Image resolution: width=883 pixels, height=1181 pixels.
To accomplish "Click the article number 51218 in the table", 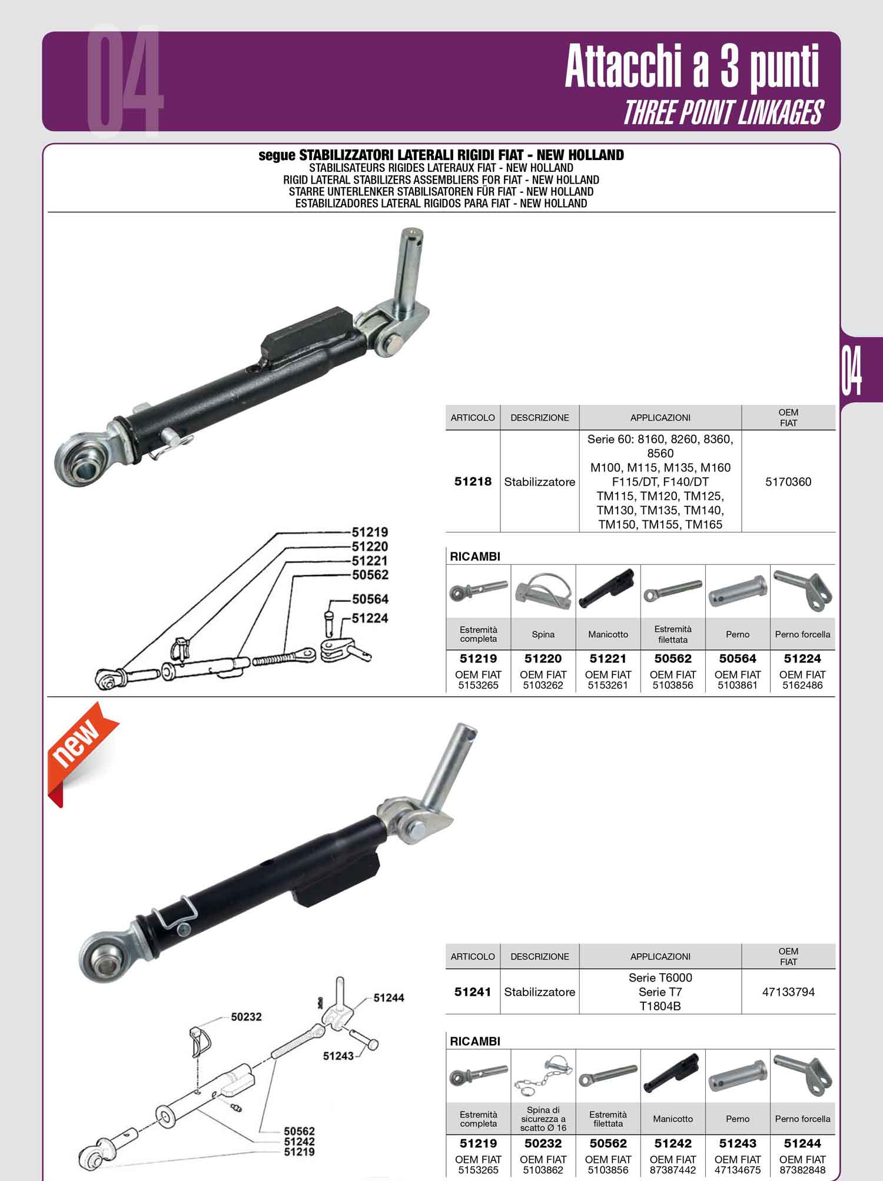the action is (x=473, y=481).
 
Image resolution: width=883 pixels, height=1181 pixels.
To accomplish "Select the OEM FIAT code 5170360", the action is (x=788, y=482).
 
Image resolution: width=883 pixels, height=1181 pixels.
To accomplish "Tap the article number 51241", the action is (x=473, y=992).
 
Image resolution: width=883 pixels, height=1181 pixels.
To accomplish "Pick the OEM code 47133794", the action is (x=788, y=992).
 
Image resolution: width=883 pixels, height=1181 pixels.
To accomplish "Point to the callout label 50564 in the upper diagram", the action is (x=370, y=599).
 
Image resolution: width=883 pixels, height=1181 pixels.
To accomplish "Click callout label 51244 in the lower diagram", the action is (x=389, y=998).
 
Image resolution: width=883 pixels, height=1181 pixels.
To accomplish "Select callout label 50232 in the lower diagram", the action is (x=246, y=1017).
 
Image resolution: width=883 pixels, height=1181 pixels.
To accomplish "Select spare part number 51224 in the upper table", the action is (x=802, y=658).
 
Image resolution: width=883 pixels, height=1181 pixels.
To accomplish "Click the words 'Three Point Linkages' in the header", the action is (x=723, y=113).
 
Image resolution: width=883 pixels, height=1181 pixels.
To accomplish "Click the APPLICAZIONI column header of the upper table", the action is (x=660, y=418).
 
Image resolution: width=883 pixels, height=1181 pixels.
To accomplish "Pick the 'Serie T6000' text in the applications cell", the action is (x=660, y=977).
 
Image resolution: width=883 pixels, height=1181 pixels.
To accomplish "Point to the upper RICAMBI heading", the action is (x=475, y=556).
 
